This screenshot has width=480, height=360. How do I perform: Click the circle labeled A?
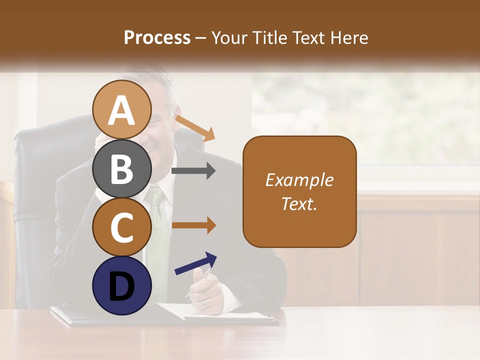pyautogui.click(x=121, y=110)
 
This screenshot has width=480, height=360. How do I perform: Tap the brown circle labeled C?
pyautogui.click(x=121, y=227)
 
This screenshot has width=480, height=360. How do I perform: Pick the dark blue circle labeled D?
pyautogui.click(x=121, y=285)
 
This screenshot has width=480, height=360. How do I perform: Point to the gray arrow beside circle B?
pyautogui.click(x=193, y=171)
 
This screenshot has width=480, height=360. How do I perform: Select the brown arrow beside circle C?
pyautogui.click(x=193, y=225)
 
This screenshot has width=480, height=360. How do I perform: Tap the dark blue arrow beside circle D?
pyautogui.click(x=195, y=263)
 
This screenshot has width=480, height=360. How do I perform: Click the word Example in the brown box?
pyautogui.click(x=299, y=180)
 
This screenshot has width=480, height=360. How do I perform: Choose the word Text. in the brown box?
pyautogui.click(x=299, y=203)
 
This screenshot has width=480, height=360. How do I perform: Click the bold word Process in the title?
pyautogui.click(x=157, y=37)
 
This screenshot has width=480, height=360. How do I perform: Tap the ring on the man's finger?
pyautogui.click(x=203, y=303)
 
